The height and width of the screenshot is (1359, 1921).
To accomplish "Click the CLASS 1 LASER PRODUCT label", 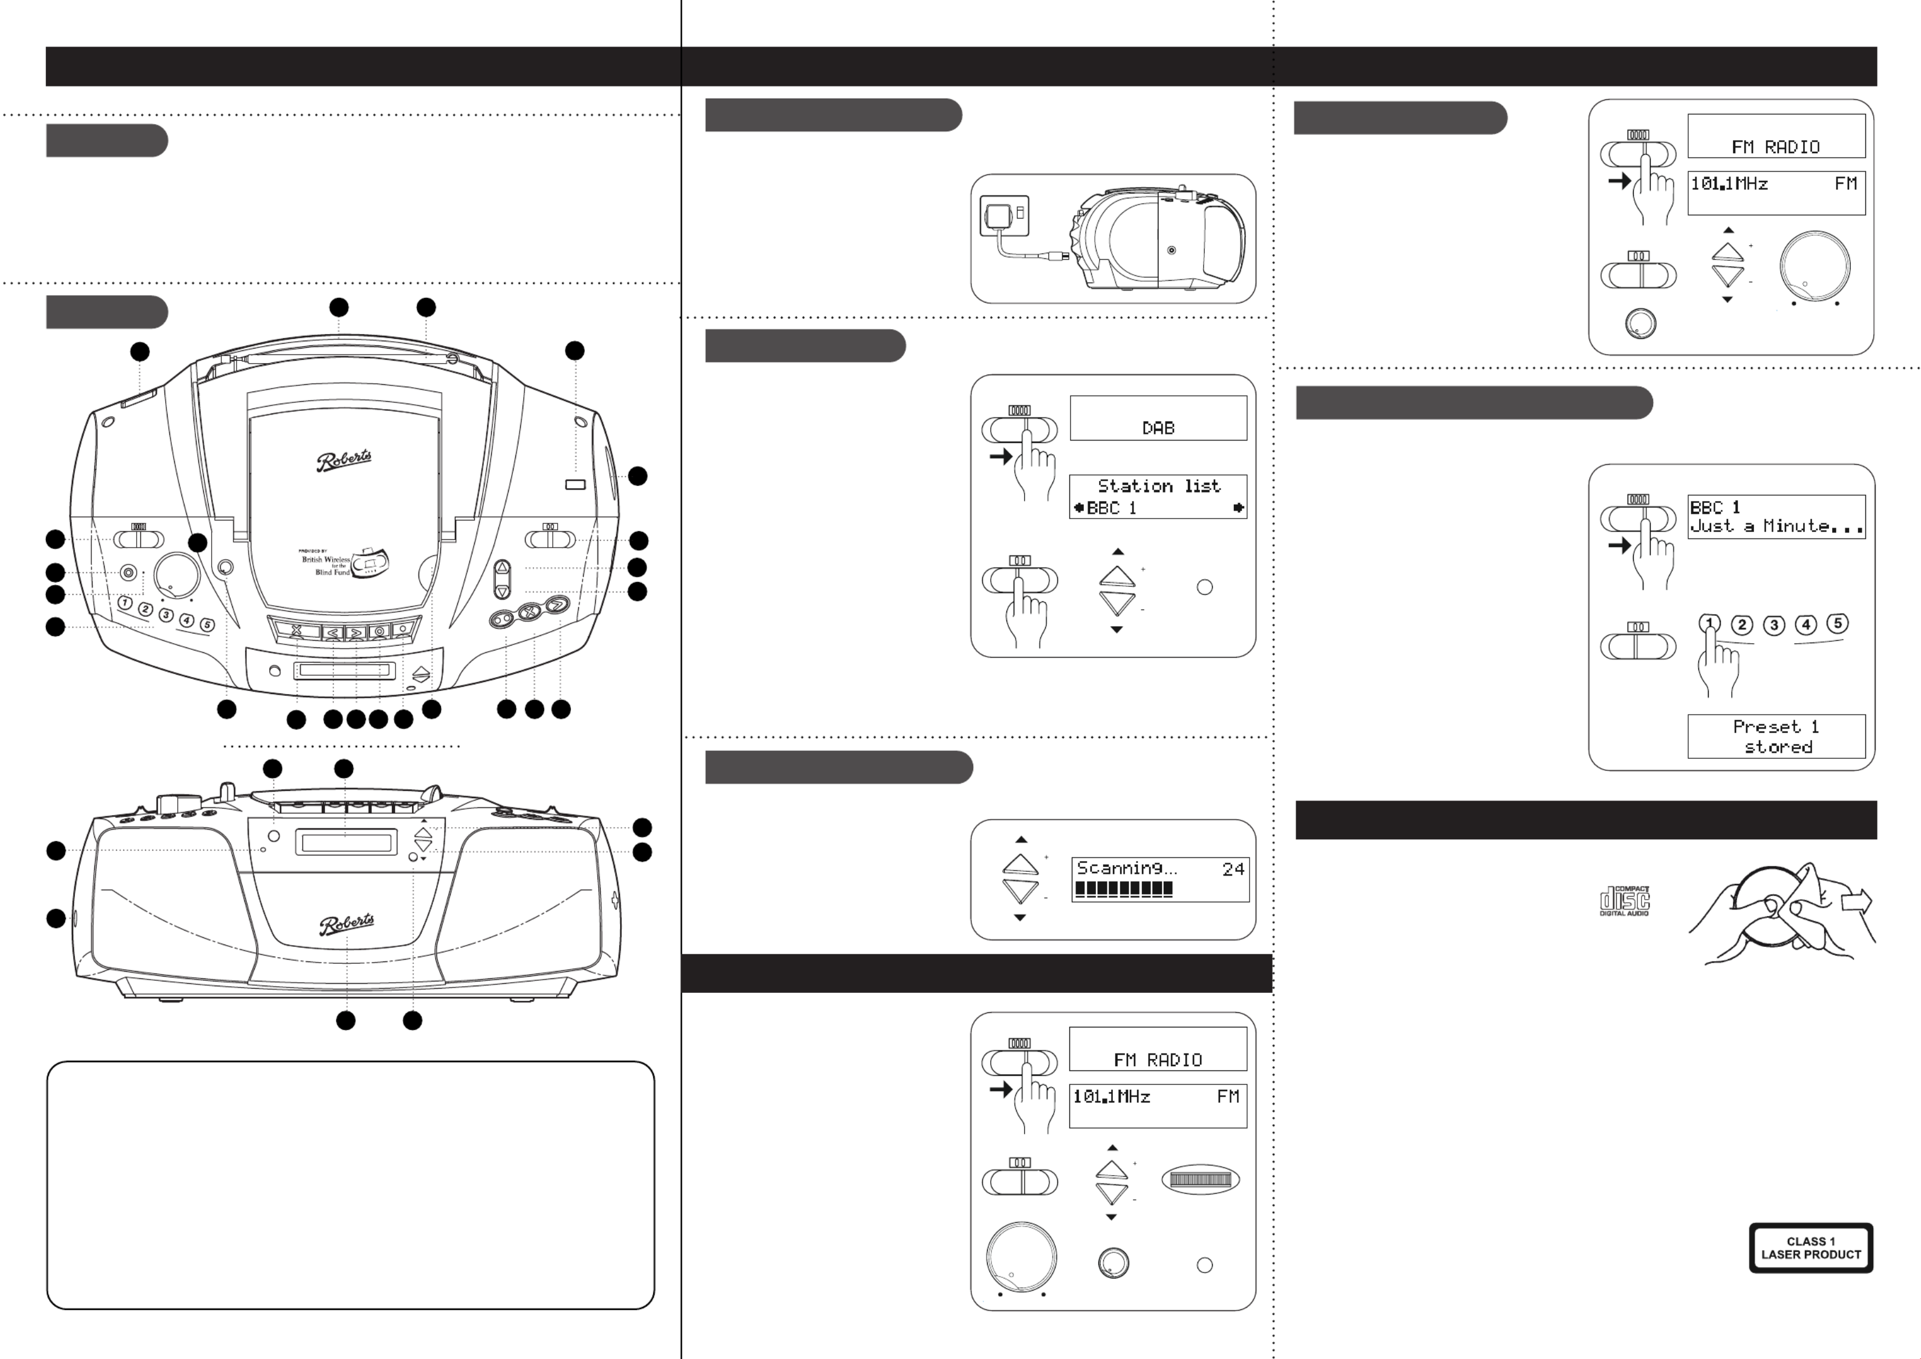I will coord(1810,1248).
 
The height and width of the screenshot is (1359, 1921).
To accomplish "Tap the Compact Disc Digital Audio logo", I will coord(1624,900).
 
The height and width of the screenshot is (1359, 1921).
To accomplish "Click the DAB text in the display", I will coord(1158,428).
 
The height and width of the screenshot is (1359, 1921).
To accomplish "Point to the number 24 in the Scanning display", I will coord(1233,869).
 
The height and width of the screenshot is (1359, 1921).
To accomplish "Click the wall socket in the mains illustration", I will coord(1004,217).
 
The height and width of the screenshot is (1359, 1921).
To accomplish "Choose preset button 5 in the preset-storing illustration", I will coord(1838,623).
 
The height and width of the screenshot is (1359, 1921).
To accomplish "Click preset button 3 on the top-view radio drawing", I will coord(166,615).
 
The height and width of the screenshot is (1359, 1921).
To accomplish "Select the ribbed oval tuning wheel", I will coord(1200,1179).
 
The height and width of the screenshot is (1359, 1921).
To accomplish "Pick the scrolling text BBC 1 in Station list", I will coord(1111,508).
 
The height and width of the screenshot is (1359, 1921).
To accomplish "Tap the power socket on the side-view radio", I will coord(1172,251).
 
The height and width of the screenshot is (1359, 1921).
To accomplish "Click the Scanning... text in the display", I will coord(1126,869).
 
